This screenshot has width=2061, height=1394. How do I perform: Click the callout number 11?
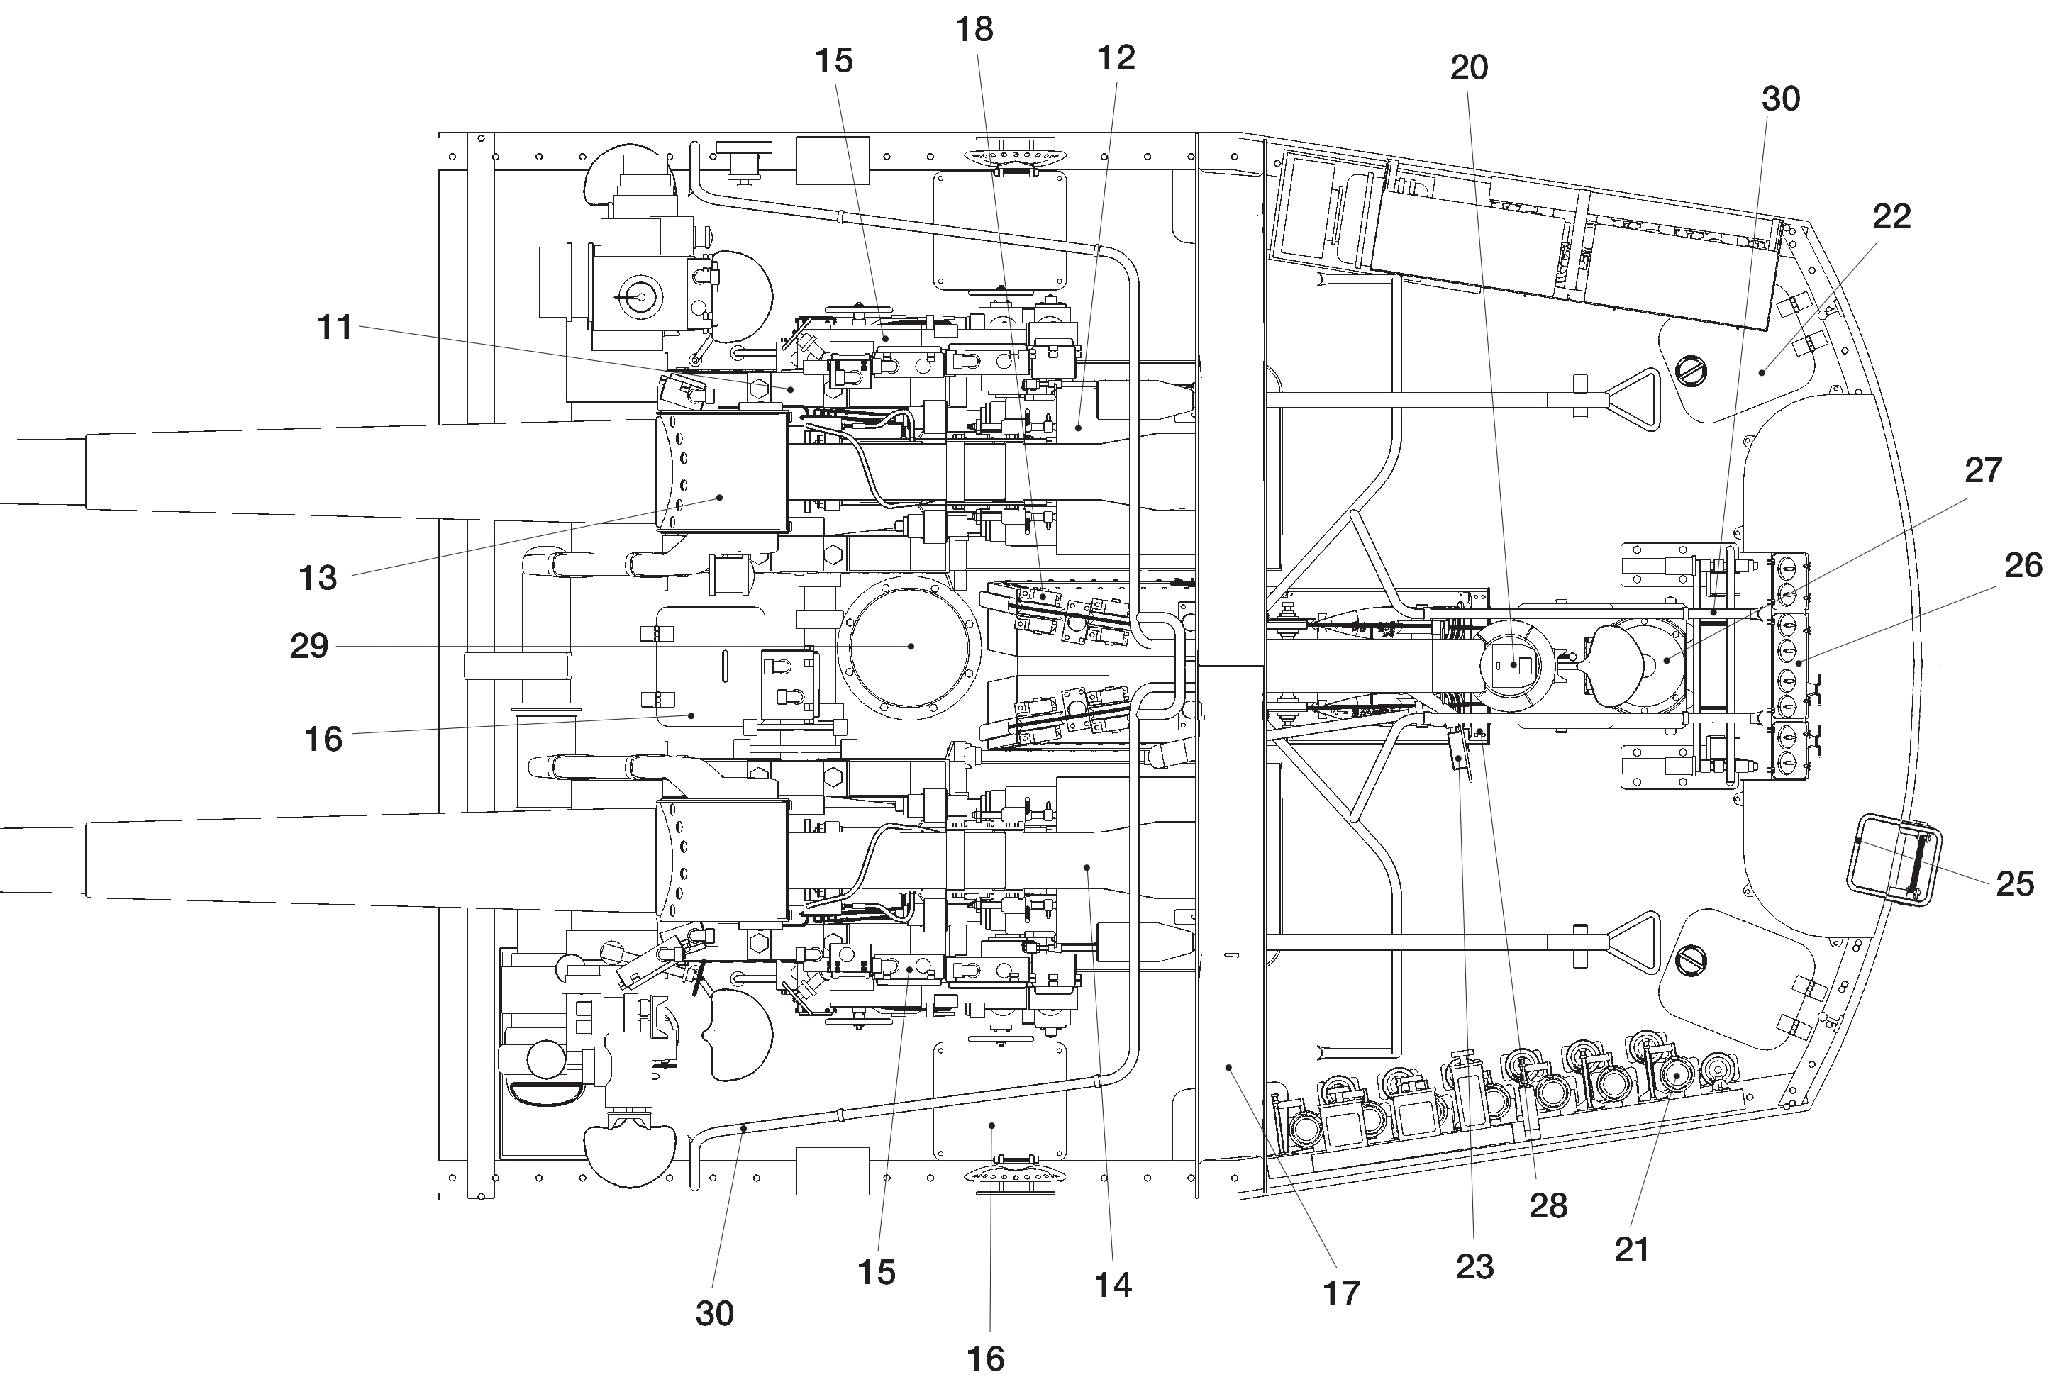(x=335, y=328)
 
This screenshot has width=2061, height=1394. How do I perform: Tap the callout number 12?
(x=1116, y=59)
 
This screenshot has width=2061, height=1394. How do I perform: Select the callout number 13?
(x=318, y=578)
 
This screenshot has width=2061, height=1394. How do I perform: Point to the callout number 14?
(x=1113, y=1285)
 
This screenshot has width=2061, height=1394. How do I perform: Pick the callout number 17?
(x=1341, y=1294)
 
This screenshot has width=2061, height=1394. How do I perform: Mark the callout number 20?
(x=1469, y=68)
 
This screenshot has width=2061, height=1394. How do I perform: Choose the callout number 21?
(x=1632, y=1249)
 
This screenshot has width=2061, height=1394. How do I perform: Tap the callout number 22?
(x=1891, y=216)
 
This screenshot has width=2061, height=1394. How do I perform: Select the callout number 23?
(x=1474, y=1267)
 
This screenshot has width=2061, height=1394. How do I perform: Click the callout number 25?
(x=2015, y=883)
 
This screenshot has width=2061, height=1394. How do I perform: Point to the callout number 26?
(x=2023, y=566)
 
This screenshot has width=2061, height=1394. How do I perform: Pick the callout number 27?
(x=1984, y=471)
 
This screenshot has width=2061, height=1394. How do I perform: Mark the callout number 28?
(x=1548, y=1206)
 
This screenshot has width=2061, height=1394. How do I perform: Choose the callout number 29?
(x=309, y=647)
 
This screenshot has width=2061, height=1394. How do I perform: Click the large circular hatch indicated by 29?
(x=910, y=647)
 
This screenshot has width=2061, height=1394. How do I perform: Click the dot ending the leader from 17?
(x=1229, y=1068)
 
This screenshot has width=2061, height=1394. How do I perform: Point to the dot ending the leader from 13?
(x=720, y=498)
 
